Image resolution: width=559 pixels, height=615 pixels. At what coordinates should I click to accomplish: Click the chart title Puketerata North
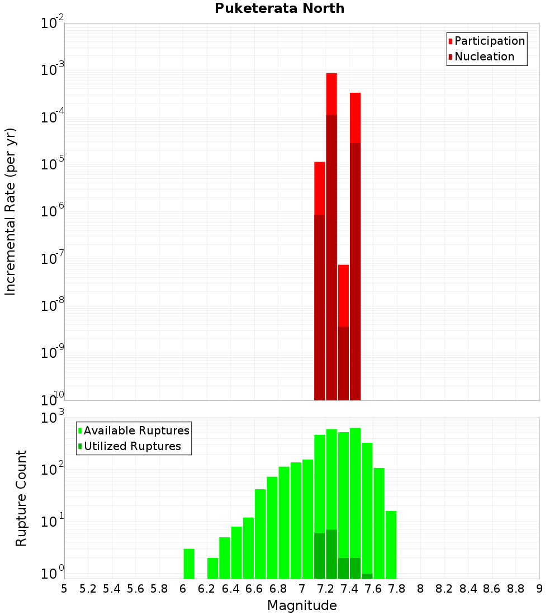[x=279, y=8]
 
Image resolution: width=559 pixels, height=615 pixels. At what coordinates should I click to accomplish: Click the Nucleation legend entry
[x=484, y=56]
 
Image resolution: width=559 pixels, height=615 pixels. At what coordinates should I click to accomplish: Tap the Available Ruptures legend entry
[x=136, y=430]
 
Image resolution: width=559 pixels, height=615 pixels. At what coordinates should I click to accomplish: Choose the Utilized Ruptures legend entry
[x=132, y=446]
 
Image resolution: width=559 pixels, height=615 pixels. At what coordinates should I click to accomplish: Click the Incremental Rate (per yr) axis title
[x=11, y=211]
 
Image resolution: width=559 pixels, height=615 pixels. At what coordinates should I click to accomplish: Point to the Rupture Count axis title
[x=21, y=498]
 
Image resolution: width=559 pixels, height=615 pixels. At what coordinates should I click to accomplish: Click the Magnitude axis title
[x=302, y=605]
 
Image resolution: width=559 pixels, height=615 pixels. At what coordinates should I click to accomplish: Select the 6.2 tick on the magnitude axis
[x=207, y=589]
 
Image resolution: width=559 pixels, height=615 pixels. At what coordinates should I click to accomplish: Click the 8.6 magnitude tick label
[x=492, y=589]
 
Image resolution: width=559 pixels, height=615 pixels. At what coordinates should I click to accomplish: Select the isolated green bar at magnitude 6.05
[x=189, y=564]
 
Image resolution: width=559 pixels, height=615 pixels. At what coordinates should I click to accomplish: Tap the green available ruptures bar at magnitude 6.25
[x=212, y=568]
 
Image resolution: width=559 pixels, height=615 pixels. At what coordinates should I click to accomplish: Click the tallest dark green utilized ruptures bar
[x=331, y=553]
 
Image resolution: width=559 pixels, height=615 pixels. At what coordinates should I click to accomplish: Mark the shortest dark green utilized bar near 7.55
[x=367, y=576]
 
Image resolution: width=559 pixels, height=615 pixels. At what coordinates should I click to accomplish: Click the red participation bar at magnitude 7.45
[x=355, y=117]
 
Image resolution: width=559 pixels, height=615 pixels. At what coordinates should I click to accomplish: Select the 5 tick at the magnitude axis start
[x=64, y=589]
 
